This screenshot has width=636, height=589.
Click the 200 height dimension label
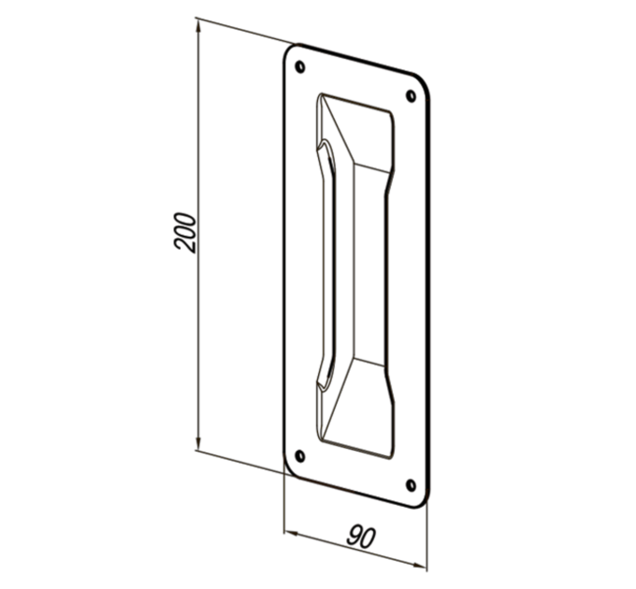tap(185, 233)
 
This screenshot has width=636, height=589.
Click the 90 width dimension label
tap(361, 537)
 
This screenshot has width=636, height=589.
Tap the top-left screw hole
tap(300, 66)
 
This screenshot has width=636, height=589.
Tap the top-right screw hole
tap(411, 96)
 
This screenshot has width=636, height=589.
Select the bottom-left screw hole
tap(300, 456)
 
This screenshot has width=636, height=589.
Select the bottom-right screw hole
tap(411, 485)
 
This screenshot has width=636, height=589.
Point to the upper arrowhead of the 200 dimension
tap(198, 27)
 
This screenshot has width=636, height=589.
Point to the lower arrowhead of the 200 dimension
tap(198, 441)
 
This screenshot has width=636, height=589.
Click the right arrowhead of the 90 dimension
tap(419, 566)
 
